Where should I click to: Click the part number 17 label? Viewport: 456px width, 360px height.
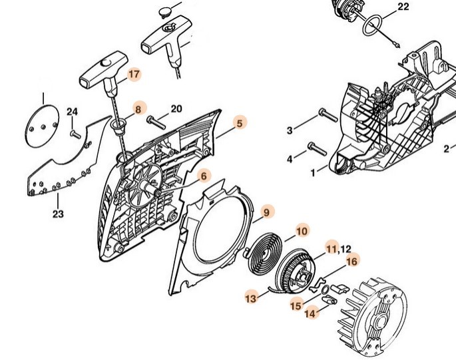[x=134, y=75]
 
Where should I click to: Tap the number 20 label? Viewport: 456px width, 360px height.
[x=176, y=108]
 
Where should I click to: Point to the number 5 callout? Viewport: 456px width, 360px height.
[x=240, y=122]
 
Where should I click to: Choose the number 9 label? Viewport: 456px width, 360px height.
[x=266, y=212]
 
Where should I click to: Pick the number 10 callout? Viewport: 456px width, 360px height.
[x=302, y=231]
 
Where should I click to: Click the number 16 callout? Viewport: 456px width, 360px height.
[x=352, y=262]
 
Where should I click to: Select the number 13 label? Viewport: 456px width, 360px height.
[x=251, y=299]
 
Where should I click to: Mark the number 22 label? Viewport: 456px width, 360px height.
[x=403, y=7]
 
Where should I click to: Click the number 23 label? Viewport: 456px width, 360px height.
[x=58, y=214]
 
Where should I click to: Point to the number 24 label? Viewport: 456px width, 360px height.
[x=72, y=111]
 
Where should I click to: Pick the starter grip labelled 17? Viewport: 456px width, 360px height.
[x=99, y=74]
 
